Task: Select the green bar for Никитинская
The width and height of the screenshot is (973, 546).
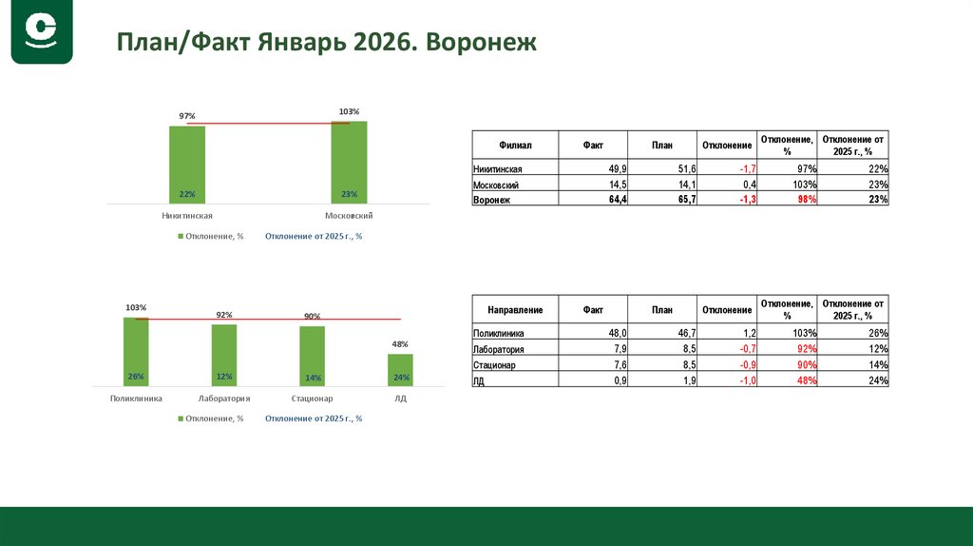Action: tap(187, 164)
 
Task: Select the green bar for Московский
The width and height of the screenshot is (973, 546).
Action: tap(349, 162)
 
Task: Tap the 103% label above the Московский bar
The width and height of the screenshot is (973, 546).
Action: tap(349, 112)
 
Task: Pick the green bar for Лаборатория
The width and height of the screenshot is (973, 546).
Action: tap(224, 354)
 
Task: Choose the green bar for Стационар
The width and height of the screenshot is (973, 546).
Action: tap(312, 355)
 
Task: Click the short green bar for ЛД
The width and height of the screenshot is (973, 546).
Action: tap(400, 368)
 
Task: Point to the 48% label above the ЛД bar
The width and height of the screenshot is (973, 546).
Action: tap(400, 343)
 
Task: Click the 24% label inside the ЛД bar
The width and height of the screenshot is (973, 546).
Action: tap(400, 377)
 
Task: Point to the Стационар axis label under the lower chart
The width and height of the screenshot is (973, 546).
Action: tap(312, 399)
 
